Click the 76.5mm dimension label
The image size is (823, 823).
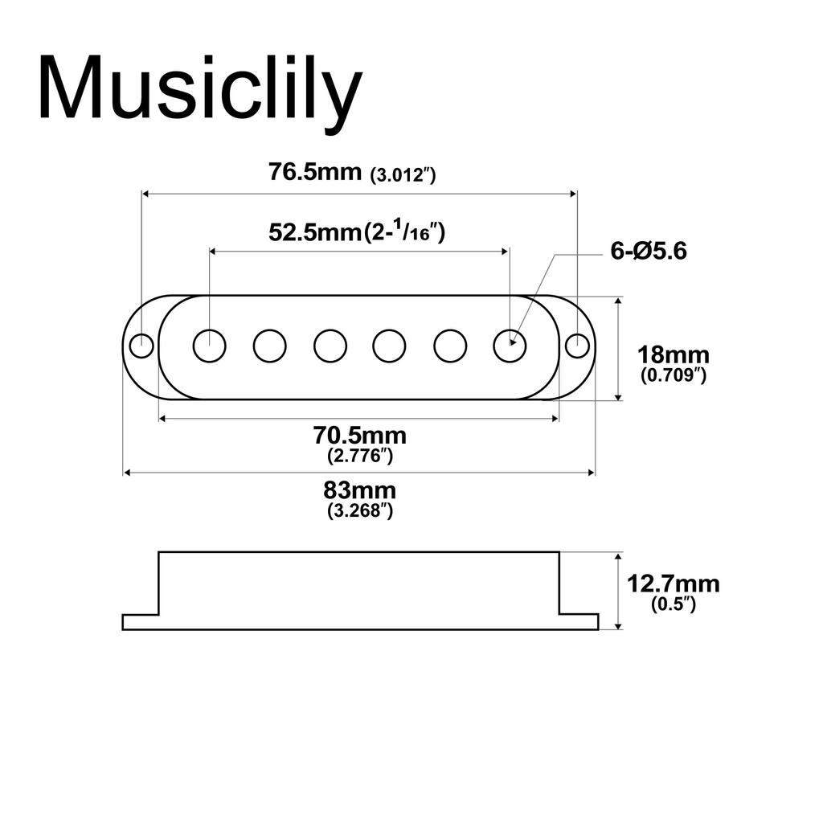[x=315, y=173]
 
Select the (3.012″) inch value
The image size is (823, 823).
[x=403, y=175]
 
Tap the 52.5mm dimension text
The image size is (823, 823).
[x=313, y=233]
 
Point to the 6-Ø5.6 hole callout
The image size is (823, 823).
[x=649, y=252]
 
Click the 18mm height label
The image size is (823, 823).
[x=673, y=354]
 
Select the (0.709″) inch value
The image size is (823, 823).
[x=673, y=375]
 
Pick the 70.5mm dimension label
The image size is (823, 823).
[x=359, y=436]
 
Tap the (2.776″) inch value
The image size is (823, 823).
[x=359, y=456]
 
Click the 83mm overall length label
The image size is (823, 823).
[x=359, y=489]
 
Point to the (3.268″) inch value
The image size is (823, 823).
[x=359, y=510]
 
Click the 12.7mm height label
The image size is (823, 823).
[x=673, y=584]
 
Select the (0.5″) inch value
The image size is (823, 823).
[x=673, y=604]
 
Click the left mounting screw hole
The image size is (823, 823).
[x=141, y=346]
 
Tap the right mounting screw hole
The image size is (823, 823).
[x=576, y=346]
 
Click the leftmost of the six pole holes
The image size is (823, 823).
[x=209, y=346]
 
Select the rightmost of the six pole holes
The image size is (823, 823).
[x=510, y=346]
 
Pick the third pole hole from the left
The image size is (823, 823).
[x=330, y=346]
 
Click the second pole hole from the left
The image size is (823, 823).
[x=269, y=346]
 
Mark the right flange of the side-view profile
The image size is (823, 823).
[x=579, y=621]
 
